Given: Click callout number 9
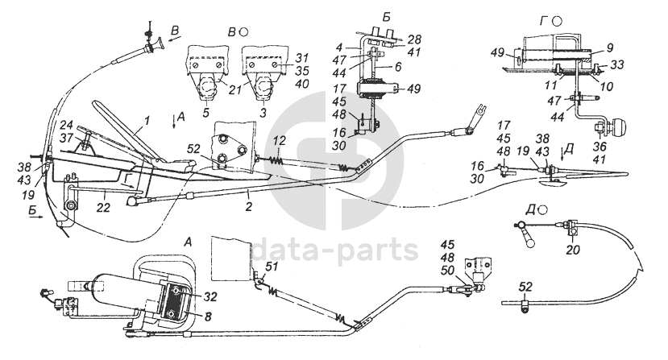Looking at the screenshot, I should click(609, 48).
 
